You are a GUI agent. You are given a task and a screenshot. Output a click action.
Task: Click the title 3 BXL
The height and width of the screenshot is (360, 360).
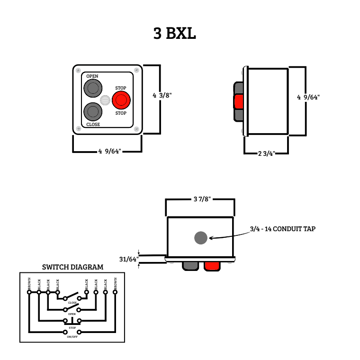[x=174, y=34]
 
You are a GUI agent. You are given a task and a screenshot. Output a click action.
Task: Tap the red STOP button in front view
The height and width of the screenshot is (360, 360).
[x=121, y=100]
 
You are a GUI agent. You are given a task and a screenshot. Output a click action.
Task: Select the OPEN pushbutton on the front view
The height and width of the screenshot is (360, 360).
[x=93, y=88]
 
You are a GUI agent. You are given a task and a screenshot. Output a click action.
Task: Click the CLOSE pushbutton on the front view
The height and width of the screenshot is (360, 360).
[x=93, y=112]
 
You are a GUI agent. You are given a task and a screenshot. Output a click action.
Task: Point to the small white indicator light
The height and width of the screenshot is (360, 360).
[x=105, y=100]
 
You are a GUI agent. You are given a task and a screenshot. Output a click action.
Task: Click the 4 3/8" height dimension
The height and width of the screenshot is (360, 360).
[x=162, y=95]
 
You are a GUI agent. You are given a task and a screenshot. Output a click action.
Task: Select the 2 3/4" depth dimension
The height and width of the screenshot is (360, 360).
[x=266, y=153]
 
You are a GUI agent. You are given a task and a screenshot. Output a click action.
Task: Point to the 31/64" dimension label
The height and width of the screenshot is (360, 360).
[x=128, y=259]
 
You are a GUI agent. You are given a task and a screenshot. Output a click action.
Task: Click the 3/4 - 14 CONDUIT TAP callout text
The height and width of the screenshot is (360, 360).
[x=283, y=229]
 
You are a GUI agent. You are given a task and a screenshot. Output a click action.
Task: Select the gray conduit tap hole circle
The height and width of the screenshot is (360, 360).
[x=201, y=238]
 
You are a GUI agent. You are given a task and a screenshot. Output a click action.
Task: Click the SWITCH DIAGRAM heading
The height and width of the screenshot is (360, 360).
[x=72, y=267]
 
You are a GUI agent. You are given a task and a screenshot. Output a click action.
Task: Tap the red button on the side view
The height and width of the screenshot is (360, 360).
[x=239, y=101]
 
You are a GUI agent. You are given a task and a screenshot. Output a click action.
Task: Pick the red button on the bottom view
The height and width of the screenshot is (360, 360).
[x=212, y=266]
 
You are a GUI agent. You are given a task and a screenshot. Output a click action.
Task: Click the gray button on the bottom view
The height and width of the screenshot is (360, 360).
[x=190, y=265]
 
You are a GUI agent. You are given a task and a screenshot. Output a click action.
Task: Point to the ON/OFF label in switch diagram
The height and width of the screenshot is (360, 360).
[x=72, y=336]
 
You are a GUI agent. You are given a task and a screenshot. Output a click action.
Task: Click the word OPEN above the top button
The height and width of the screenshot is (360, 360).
[x=92, y=76]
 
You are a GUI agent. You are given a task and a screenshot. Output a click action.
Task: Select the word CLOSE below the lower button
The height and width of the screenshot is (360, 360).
[x=93, y=125]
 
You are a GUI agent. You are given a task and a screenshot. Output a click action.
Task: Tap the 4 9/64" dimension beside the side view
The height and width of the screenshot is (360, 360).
[x=308, y=97]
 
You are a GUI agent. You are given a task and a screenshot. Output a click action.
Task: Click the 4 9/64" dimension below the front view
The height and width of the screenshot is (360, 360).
[x=110, y=152]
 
